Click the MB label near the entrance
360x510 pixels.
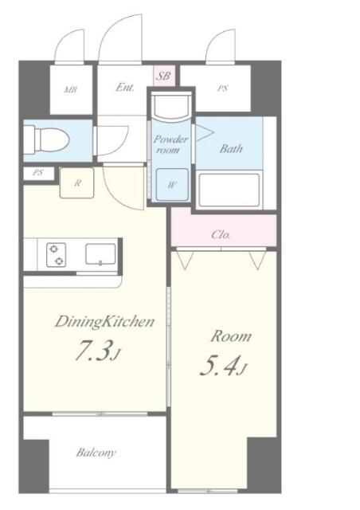[71, 89]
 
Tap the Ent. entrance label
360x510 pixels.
[124, 88]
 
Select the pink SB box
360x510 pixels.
[163, 76]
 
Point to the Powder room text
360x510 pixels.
[171, 144]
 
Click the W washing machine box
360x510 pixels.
[171, 182]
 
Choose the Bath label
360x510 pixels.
[231, 148]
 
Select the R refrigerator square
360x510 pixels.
[76, 182]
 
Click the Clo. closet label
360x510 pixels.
[221, 234]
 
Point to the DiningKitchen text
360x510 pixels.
[104, 322]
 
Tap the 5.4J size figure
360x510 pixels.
[221, 367]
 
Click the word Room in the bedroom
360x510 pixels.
[230, 335]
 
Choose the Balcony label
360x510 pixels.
[96, 453]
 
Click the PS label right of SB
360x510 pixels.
[222, 88]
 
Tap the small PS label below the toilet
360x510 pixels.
[37, 173]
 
